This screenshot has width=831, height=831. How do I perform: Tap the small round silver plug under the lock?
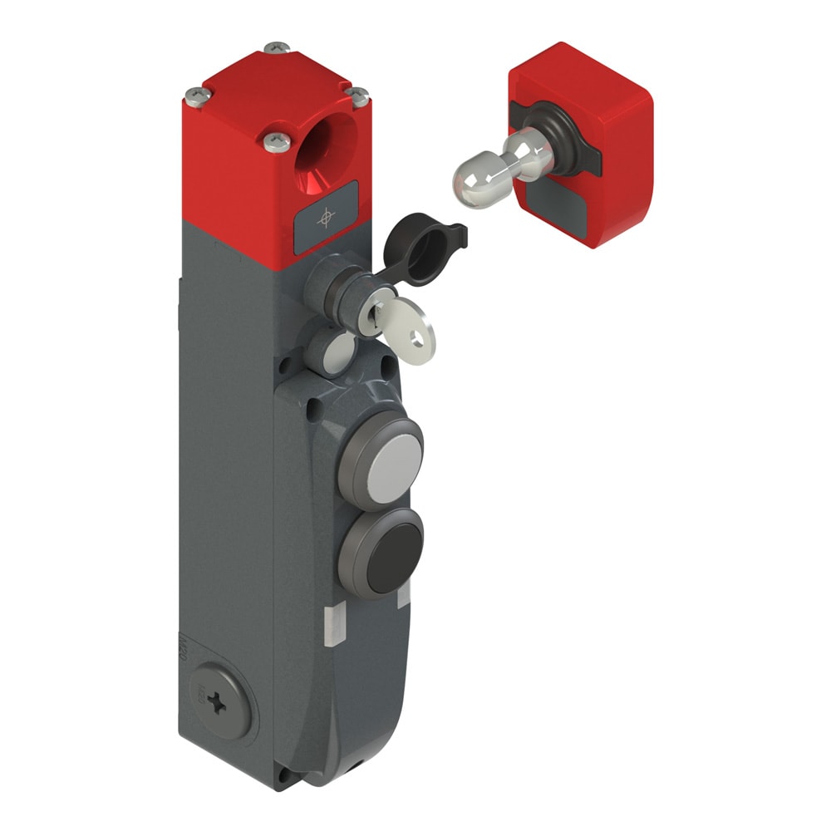click(337, 352)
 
